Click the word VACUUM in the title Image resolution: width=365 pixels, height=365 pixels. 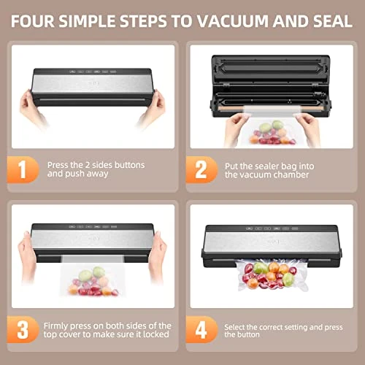coord(232,21)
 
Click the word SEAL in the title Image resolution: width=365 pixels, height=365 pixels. coord(333,21)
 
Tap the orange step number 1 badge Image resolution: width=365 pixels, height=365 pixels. coord(23,169)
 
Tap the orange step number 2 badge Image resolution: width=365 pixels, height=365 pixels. coord(201,169)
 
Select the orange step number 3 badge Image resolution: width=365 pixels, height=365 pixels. coord(23,329)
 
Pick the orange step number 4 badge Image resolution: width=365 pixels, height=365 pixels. coord(201,329)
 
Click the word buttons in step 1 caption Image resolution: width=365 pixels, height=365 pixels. coord(129,165)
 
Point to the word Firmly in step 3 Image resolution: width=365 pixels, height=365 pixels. coord(55,326)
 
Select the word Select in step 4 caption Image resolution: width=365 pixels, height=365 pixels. coord(234,327)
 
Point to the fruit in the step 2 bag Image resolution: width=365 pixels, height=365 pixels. coord(272,133)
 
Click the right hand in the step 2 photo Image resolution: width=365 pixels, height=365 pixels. coord(307,129)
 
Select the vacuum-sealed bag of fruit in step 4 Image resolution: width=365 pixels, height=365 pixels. coord(271,275)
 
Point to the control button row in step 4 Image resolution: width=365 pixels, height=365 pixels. coord(272,228)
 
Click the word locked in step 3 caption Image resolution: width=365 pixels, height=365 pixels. coord(156,334)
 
